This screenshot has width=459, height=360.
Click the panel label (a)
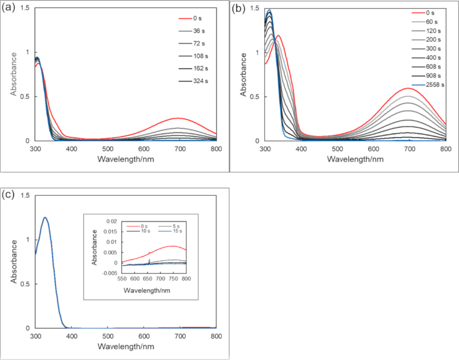pyautogui.click(x=9, y=8)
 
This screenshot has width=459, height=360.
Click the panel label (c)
pyautogui.click(x=9, y=195)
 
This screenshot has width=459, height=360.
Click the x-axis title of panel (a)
pyautogui.click(x=126, y=159)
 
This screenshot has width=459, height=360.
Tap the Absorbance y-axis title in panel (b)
pyautogui.click(x=243, y=75)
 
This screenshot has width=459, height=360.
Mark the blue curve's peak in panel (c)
pyautogui.click(x=45, y=217)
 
